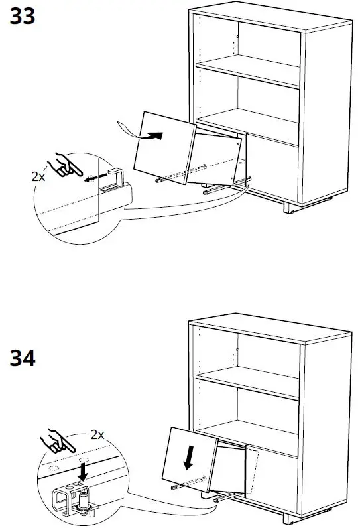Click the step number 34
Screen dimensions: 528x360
(x=22, y=358)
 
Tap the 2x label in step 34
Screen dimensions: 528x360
(x=97, y=434)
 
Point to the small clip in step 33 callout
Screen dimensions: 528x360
(x=117, y=178)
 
